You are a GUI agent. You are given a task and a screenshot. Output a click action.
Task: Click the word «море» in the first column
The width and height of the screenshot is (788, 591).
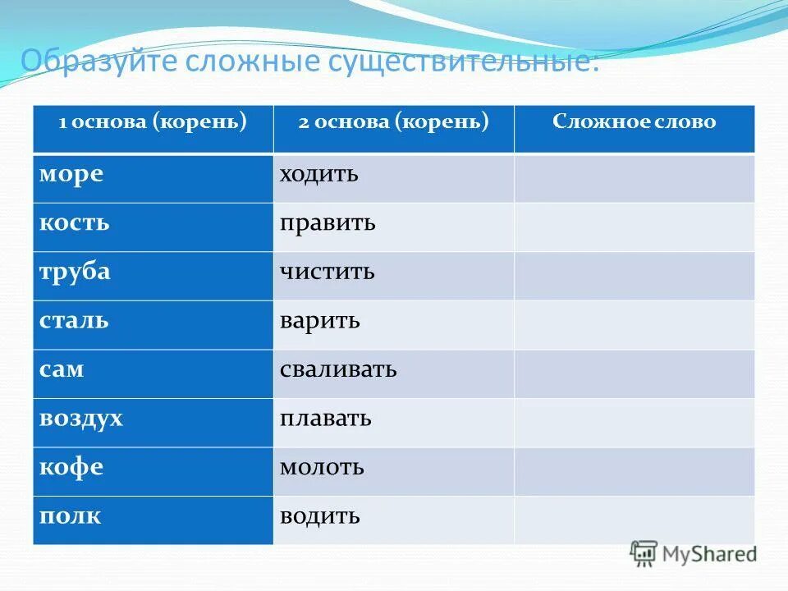point(71,175)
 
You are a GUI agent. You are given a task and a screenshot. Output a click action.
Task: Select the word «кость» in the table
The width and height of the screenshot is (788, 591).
point(74,223)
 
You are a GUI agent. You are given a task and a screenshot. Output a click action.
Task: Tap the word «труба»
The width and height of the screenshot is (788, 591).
point(75,272)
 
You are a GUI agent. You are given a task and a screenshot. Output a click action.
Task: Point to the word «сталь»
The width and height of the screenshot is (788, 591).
point(74,320)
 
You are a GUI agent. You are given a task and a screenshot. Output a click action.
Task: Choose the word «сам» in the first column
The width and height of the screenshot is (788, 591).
point(62,369)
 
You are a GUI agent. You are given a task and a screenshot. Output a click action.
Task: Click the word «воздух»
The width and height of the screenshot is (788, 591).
point(81,419)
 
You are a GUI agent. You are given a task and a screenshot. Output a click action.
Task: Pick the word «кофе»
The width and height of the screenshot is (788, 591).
point(71,467)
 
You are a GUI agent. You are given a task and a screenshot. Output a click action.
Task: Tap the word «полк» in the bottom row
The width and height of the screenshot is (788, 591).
point(71,516)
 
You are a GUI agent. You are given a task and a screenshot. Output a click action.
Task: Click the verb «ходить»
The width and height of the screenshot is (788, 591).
point(319,175)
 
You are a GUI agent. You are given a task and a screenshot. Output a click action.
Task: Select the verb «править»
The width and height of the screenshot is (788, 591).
point(328,223)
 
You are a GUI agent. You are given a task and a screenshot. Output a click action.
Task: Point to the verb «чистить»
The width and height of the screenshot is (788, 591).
point(327,272)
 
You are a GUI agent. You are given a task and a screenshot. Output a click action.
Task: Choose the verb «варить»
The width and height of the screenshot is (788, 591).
point(320,320)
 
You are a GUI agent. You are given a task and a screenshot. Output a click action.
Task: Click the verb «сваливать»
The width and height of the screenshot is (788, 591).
point(338,369)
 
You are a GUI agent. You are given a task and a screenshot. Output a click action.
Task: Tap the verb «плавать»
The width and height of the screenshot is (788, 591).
point(326,419)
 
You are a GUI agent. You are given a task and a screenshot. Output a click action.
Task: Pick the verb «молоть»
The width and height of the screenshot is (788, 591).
point(322,467)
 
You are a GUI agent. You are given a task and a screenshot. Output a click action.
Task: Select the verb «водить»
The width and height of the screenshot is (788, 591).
point(320,516)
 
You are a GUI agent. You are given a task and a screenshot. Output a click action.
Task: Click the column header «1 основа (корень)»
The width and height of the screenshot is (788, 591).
point(153,122)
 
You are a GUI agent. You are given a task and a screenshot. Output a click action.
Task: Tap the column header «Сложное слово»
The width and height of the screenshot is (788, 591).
point(634,122)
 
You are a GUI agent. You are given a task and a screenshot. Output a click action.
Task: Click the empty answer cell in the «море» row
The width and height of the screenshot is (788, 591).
point(634,177)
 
